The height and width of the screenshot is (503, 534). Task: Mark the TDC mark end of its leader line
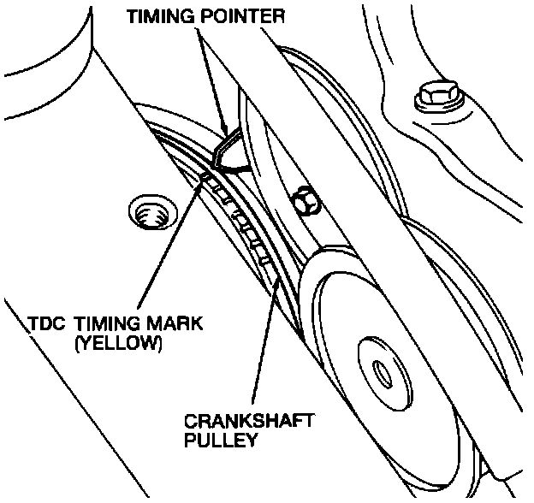pyautogui.click(x=204, y=178)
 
